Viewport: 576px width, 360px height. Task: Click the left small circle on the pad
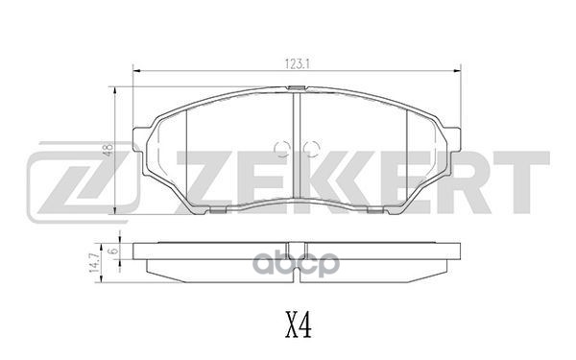(281, 149)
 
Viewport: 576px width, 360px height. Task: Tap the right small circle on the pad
(308, 149)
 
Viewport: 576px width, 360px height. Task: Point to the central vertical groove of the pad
(296, 154)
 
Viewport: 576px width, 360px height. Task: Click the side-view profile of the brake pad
(295, 258)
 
